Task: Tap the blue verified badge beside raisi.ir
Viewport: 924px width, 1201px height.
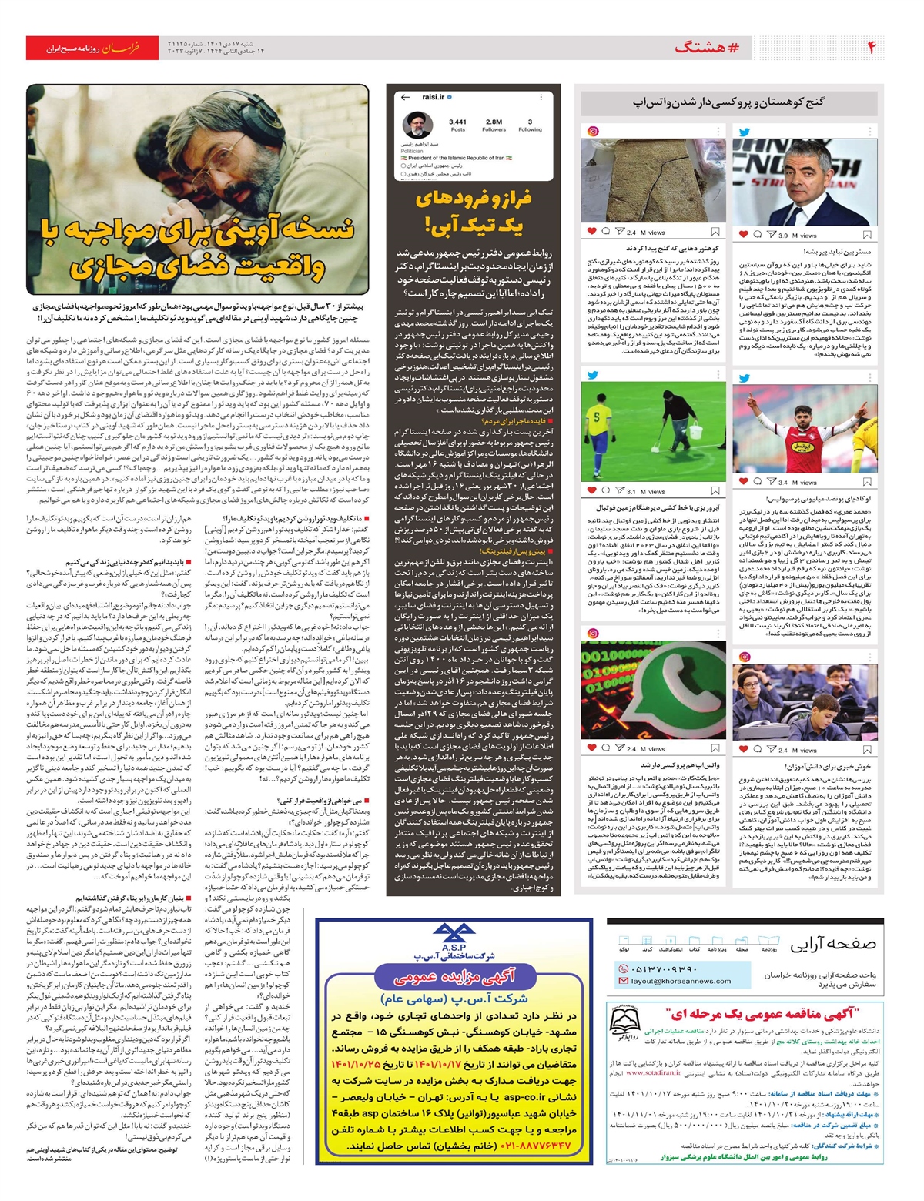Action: [x=449, y=97]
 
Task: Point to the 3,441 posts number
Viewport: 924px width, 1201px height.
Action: [x=457, y=122]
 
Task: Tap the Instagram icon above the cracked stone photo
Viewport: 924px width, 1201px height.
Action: [x=593, y=131]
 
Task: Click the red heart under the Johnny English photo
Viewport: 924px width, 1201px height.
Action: [x=743, y=234]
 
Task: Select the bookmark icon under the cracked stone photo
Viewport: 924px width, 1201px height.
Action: [x=715, y=232]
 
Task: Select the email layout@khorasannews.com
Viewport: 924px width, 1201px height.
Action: [x=681, y=981]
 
